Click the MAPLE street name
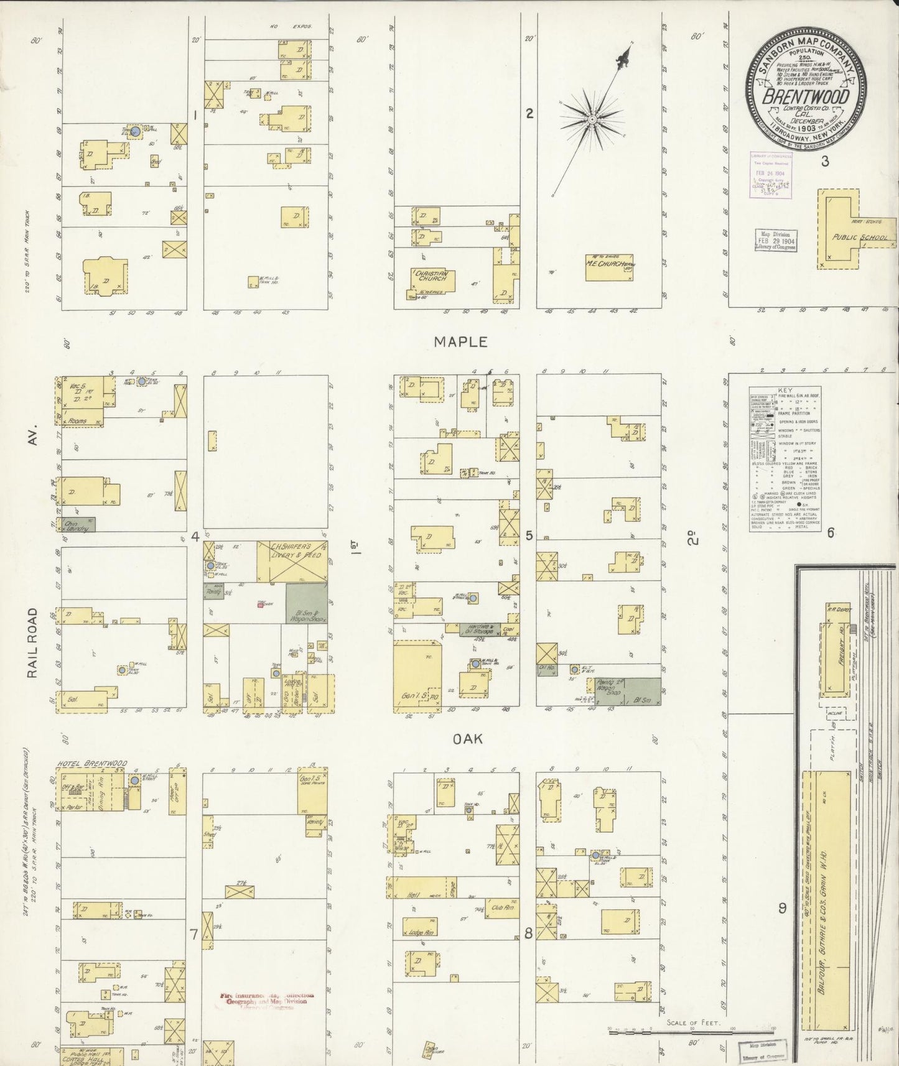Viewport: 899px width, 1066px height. [x=460, y=341]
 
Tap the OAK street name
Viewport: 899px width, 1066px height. [x=468, y=739]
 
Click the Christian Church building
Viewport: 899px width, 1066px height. [x=432, y=280]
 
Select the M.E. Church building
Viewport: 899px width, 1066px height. [x=609, y=267]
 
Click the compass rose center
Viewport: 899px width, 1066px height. [x=592, y=118]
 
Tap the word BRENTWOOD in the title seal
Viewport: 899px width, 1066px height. [x=805, y=97]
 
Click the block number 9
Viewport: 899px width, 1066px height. [x=782, y=908]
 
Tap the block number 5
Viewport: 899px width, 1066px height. [x=529, y=535]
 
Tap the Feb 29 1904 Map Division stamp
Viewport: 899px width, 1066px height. [x=775, y=239]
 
